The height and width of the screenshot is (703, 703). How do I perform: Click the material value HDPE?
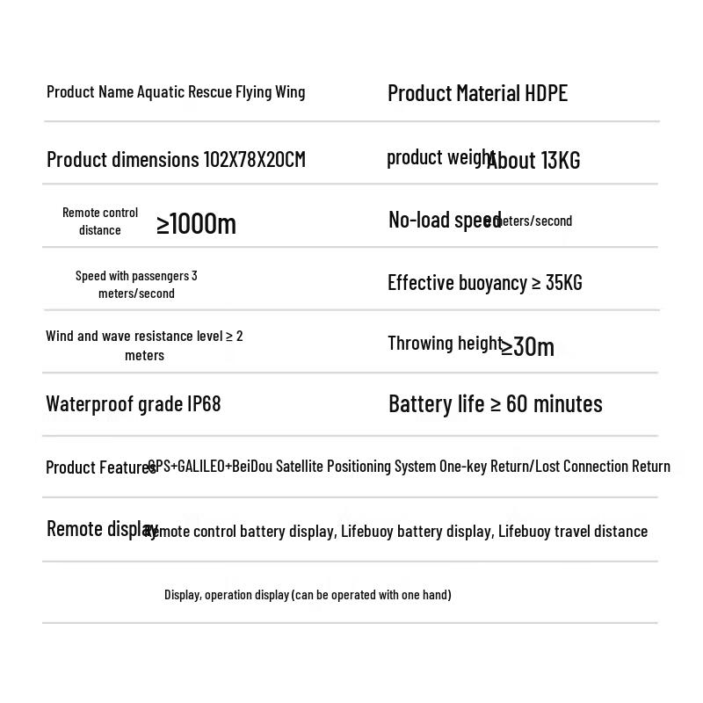pos(546,93)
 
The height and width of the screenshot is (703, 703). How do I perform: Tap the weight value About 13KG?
pos(534,161)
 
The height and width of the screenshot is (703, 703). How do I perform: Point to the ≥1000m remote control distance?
pos(196,224)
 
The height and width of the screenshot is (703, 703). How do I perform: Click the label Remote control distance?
pos(100,221)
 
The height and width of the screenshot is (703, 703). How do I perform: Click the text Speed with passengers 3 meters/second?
pos(136,285)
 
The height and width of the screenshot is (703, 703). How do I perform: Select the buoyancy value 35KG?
pos(563,283)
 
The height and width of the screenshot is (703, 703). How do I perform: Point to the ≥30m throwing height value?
pos(528,346)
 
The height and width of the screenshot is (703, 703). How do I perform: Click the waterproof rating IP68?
pos(204,404)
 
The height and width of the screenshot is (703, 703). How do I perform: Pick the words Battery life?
pos(436,404)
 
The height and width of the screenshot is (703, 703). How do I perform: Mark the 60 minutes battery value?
pos(554,404)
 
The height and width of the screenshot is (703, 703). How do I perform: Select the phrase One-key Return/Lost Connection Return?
pos(554,467)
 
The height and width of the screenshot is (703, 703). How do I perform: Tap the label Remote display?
pos(100,529)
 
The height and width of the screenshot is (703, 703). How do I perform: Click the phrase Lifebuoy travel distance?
pos(573,532)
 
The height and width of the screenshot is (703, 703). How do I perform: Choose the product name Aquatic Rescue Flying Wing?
pos(221,92)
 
